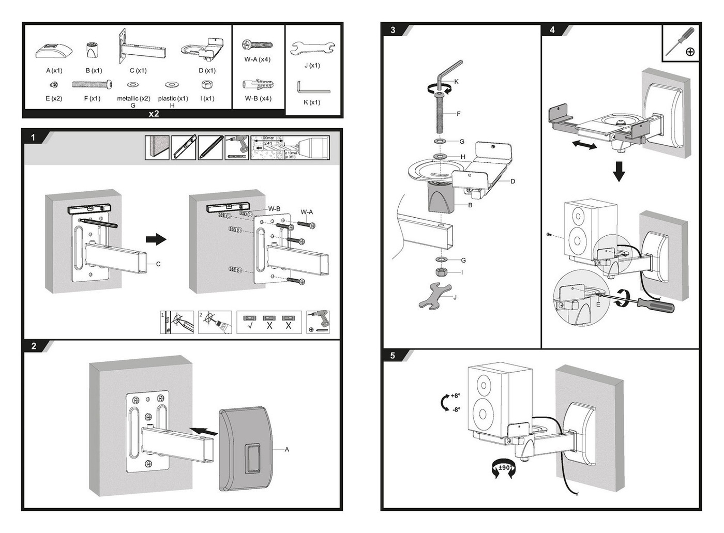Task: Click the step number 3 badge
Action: click(393, 30)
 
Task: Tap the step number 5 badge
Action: click(393, 356)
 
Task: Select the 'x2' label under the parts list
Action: click(154, 114)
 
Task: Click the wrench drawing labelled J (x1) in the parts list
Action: click(312, 49)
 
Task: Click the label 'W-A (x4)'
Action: click(258, 59)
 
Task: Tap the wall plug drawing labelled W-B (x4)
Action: click(258, 84)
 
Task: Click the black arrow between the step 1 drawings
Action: click(156, 239)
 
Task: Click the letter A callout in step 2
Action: click(287, 449)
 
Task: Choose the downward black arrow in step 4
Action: click(619, 171)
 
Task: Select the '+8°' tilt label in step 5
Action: click(455, 396)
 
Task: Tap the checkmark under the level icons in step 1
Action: click(250, 326)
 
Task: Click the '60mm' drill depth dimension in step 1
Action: click(267, 138)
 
